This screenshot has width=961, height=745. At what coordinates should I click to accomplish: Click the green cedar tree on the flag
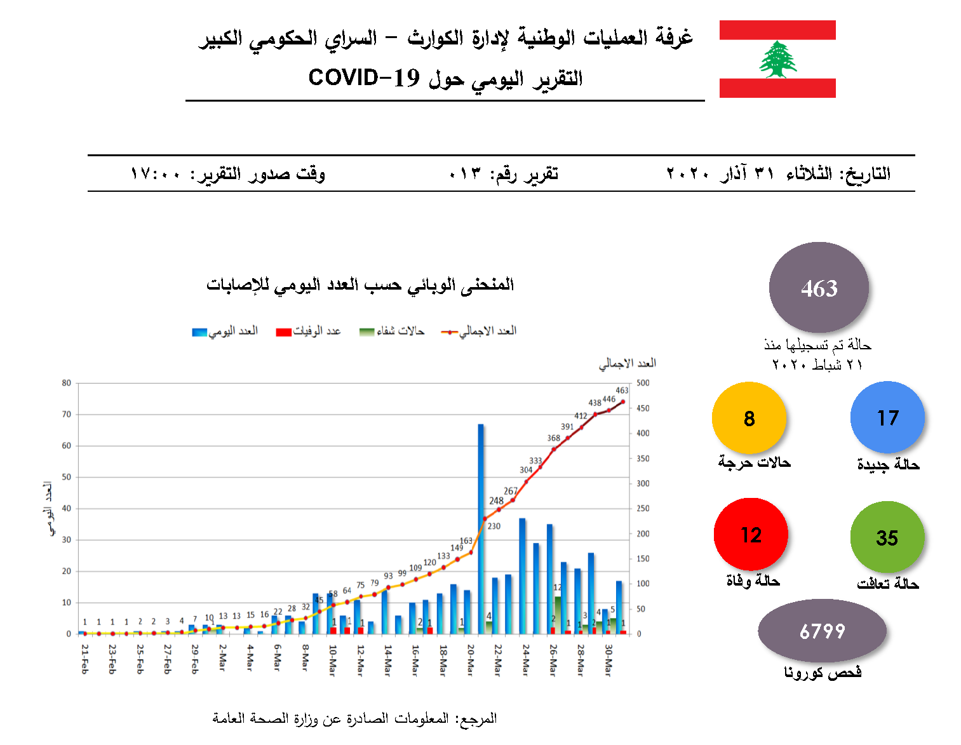click(x=777, y=60)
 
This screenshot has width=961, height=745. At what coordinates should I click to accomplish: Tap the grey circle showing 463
click(x=819, y=288)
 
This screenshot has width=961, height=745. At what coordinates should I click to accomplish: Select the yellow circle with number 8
click(x=749, y=418)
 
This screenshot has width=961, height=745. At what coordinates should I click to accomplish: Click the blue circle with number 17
click(x=887, y=417)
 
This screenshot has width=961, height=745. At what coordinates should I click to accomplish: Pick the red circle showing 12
click(x=751, y=534)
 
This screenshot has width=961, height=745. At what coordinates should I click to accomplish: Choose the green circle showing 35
click(x=887, y=537)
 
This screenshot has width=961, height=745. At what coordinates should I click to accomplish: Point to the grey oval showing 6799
click(x=822, y=631)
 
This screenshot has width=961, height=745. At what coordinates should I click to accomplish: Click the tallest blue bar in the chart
click(x=481, y=527)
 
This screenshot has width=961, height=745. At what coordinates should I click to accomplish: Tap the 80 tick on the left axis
click(x=67, y=383)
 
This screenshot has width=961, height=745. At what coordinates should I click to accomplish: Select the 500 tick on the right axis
click(x=643, y=383)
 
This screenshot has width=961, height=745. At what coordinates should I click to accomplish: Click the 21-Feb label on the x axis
click(x=85, y=659)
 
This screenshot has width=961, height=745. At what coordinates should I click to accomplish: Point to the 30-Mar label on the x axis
click(x=608, y=660)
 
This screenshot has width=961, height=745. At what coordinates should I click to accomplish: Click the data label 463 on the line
click(x=622, y=391)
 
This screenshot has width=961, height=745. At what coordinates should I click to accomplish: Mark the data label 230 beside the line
click(x=494, y=526)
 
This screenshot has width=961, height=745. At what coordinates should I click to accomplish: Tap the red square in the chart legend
click(x=283, y=332)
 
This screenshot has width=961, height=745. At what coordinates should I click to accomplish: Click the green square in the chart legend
click(x=366, y=332)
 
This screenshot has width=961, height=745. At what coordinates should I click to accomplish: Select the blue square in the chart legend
click(x=199, y=332)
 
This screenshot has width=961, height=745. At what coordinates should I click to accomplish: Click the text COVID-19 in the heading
click(x=364, y=77)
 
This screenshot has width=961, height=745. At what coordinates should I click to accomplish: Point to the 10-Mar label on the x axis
click(x=332, y=660)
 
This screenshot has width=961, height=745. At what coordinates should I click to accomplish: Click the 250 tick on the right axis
click(x=643, y=508)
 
